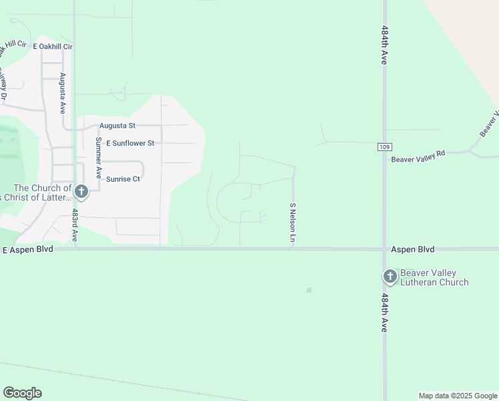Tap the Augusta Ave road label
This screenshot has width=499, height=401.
(62, 93)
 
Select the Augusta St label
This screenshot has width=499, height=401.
(117, 126)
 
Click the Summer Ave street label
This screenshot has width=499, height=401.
(98, 158)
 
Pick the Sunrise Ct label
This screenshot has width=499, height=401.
(123, 179)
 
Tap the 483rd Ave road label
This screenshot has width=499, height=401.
(75, 225)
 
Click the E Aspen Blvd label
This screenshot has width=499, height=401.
(27, 249)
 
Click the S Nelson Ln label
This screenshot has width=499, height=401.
(292, 223)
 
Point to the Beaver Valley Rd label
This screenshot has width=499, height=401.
(418, 156)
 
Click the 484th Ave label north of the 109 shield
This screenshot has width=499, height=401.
(385, 45)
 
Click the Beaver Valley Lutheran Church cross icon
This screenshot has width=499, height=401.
(390, 277)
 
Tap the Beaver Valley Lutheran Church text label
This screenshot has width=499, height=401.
(434, 277)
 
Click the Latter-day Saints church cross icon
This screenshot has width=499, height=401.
(81, 192)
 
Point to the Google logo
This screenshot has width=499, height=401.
(22, 393)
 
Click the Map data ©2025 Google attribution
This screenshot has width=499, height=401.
(458, 396)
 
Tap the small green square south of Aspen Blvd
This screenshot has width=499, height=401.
(309, 290)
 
